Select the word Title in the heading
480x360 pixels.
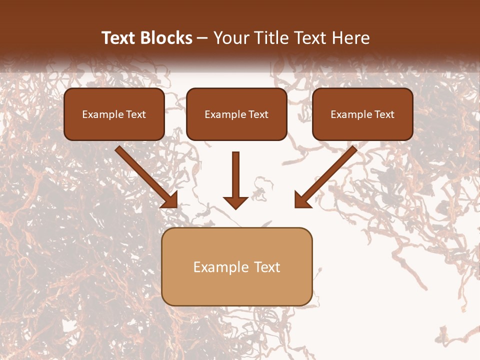point(273,38)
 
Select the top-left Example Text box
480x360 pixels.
point(114,114)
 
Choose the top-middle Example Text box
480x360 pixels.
point(236,114)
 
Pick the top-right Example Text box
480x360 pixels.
point(362,114)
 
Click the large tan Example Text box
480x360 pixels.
point(236,267)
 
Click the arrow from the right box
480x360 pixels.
point(327,175)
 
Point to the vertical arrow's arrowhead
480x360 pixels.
point(235,202)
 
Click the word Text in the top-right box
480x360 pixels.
point(384,114)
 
